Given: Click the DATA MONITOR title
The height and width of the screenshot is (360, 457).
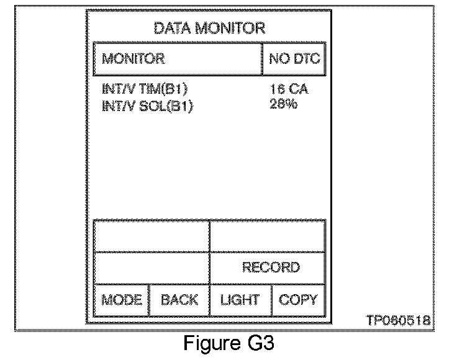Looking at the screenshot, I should pyautogui.click(x=209, y=28).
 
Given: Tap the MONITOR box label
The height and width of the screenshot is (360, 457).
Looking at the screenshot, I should pyautogui.click(x=133, y=59).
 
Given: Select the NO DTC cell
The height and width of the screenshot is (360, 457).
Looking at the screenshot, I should pyautogui.click(x=294, y=59).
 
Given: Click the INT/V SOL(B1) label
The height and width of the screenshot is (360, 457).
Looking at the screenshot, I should pyautogui.click(x=148, y=106).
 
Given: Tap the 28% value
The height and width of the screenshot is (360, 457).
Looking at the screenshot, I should pyautogui.click(x=284, y=104).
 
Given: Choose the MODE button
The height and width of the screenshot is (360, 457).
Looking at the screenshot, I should pyautogui.click(x=122, y=300).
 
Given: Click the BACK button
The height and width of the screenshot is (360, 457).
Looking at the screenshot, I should pyautogui.click(x=179, y=300).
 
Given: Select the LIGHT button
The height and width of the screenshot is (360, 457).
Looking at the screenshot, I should pyautogui.click(x=240, y=300).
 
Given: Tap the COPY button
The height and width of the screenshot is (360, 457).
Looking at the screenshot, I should pyautogui.click(x=298, y=300).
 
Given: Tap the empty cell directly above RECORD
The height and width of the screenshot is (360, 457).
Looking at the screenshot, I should pyautogui.click(x=268, y=236).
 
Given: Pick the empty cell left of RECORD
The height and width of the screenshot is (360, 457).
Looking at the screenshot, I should pyautogui.click(x=152, y=268).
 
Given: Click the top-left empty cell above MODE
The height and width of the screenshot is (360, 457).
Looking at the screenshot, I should pyautogui.click(x=152, y=236).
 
